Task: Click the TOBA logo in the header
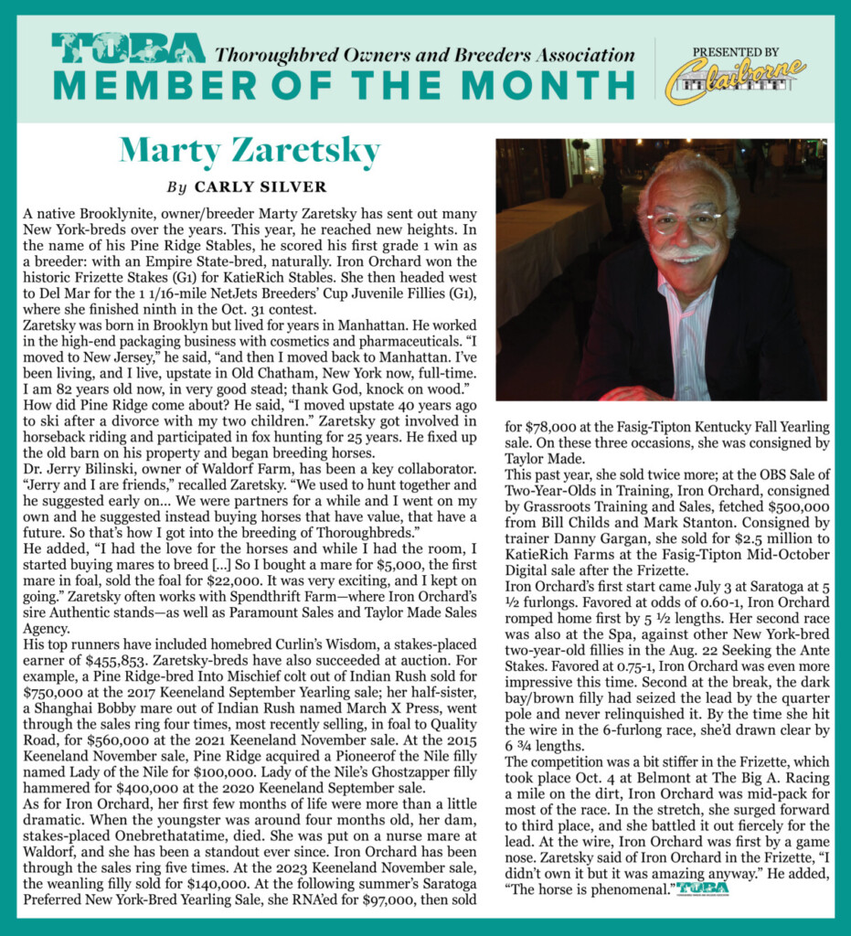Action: (x=129, y=48)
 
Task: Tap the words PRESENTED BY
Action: (x=736, y=52)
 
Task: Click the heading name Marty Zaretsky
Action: (x=250, y=148)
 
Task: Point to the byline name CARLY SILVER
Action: (x=261, y=186)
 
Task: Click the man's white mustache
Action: (x=684, y=250)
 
